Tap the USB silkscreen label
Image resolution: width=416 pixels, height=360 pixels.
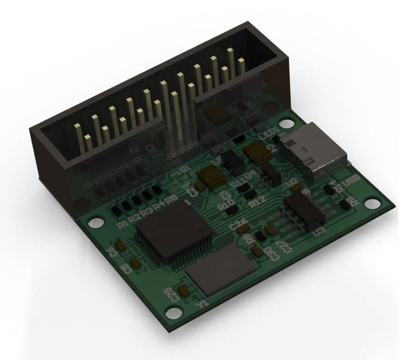[353, 184]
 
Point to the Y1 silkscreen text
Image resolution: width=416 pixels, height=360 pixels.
[202, 304]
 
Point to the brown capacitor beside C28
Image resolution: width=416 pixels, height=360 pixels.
[183, 291]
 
